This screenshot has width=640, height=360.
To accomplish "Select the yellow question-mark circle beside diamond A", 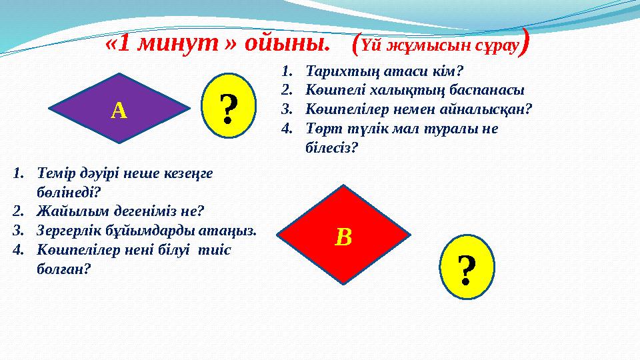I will (x=229, y=109).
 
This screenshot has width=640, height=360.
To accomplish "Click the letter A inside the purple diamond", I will (x=119, y=111).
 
